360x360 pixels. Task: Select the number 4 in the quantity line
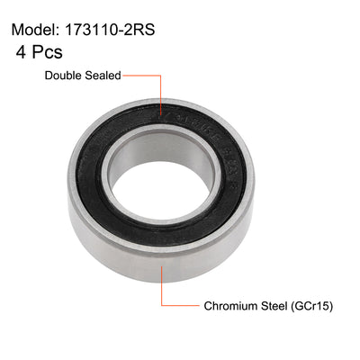coord(21,53)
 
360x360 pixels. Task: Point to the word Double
coord(67,77)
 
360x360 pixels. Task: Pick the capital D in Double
coord(49,77)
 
